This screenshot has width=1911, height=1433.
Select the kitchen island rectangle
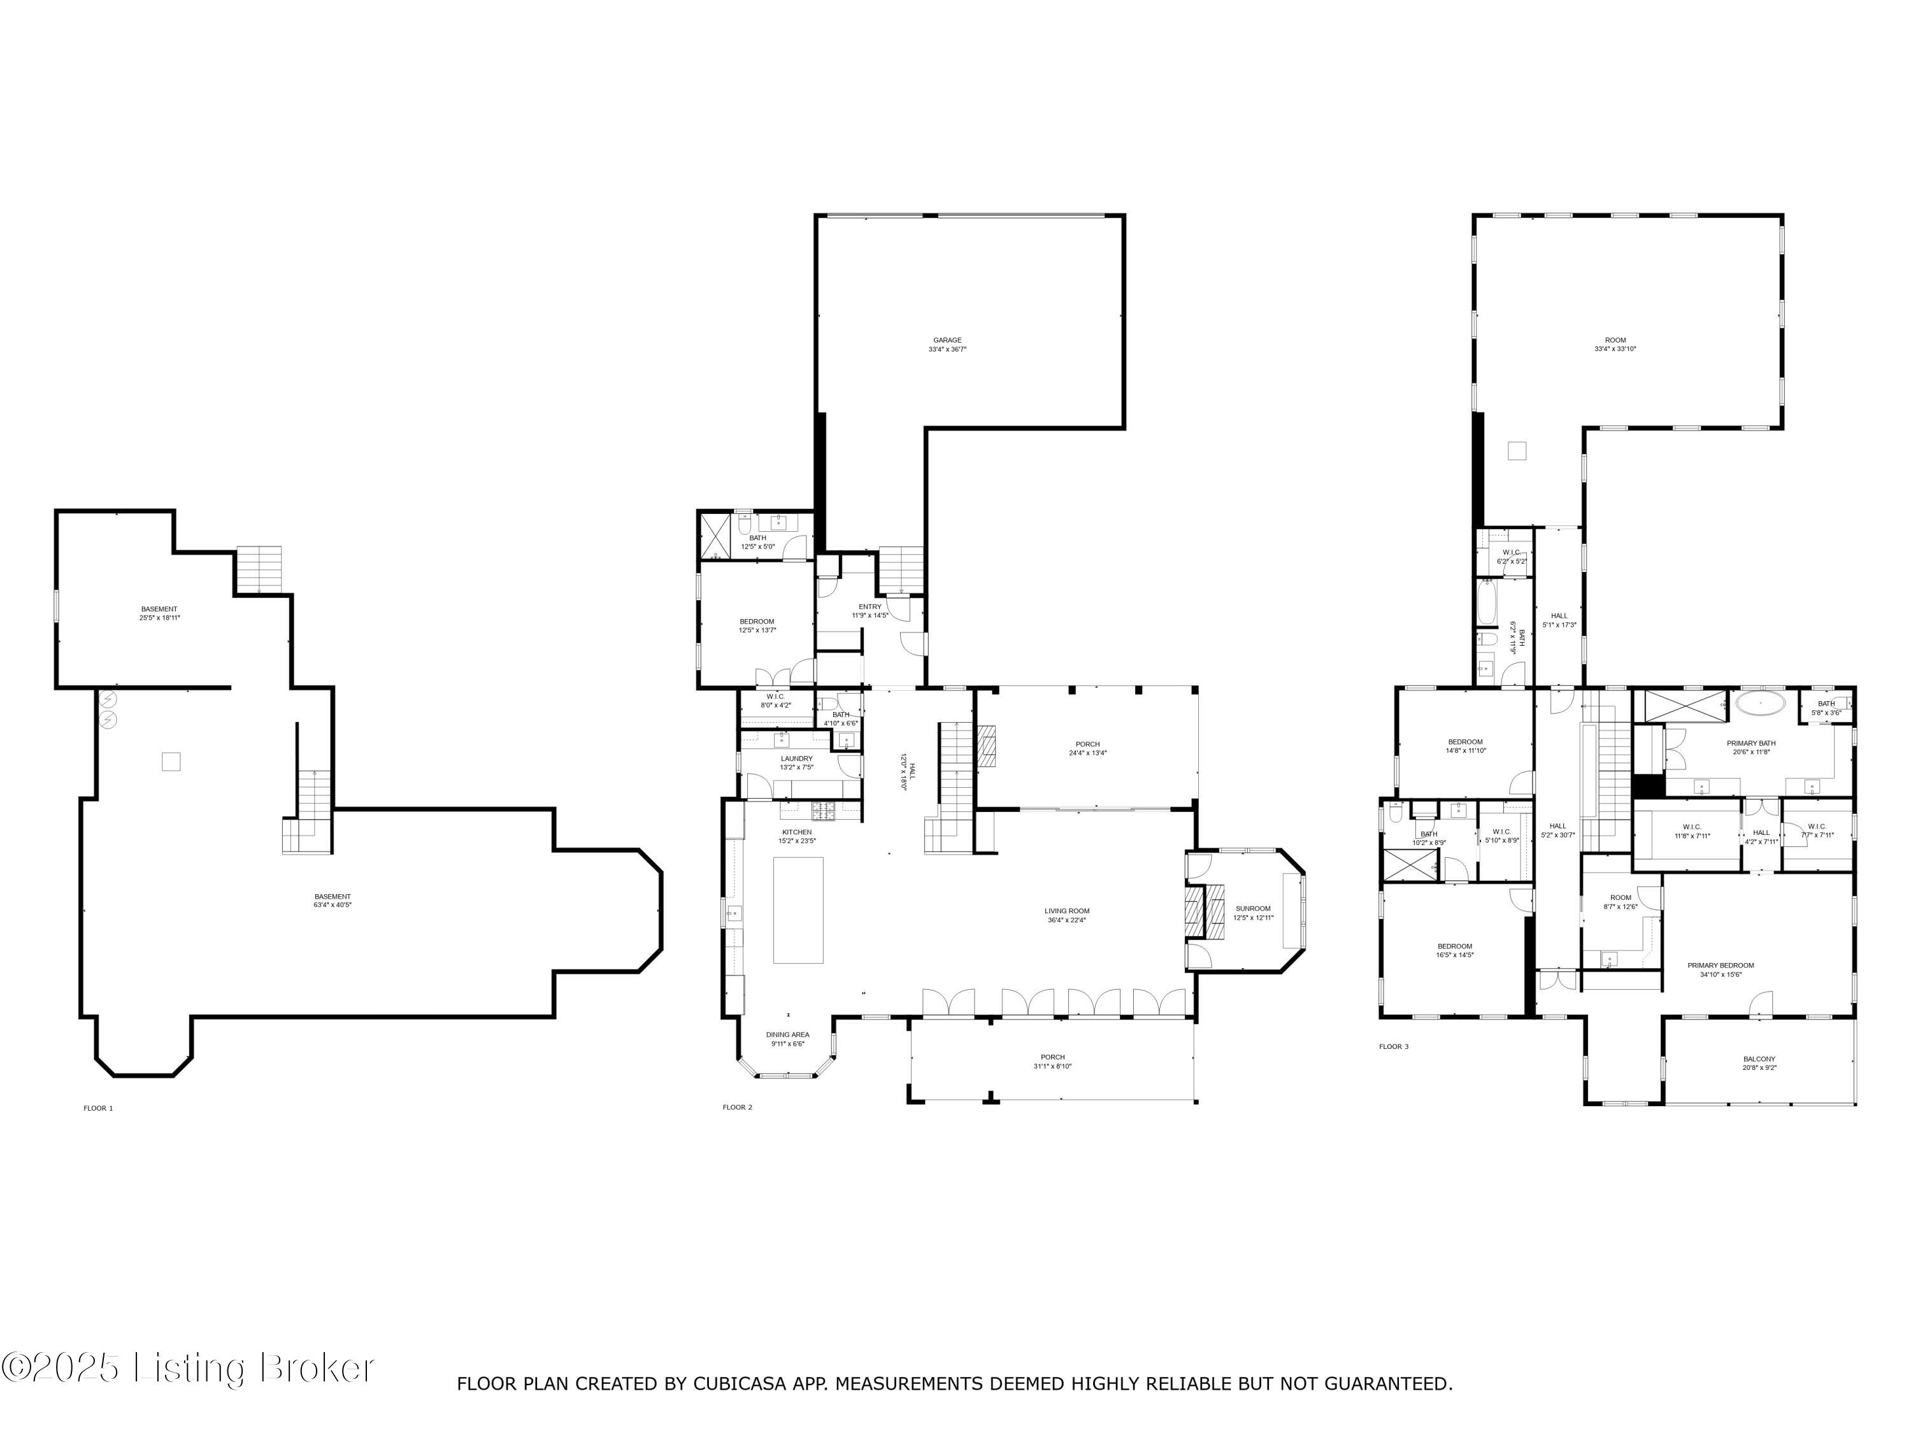pos(798,909)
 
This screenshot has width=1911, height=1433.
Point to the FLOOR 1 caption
pos(97,1108)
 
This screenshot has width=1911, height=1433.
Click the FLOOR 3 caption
pos(1394,1047)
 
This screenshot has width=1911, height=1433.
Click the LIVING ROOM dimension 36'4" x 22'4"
pos(1067,920)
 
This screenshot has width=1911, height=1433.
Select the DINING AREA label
pos(787,1035)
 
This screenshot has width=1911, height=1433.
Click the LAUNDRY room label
pos(796,759)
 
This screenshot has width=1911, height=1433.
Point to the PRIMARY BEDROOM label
pos(1721,966)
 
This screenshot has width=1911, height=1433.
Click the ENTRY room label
pos(870,606)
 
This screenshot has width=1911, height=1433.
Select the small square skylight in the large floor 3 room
pos(1517,451)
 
